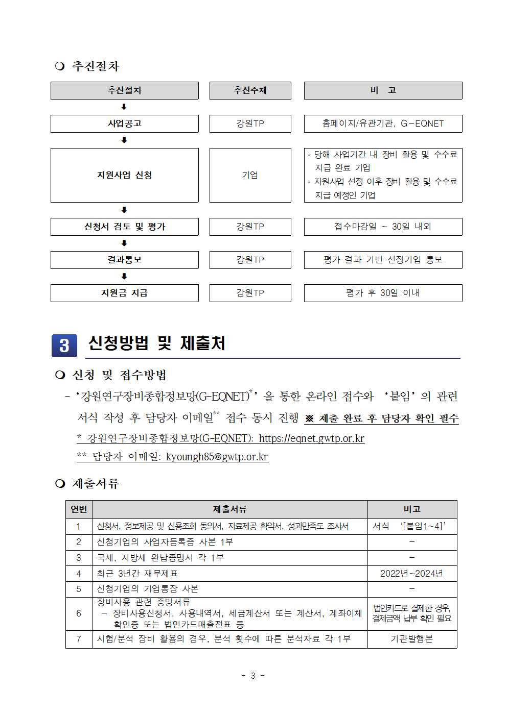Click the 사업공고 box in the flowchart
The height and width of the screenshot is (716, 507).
point(124,124)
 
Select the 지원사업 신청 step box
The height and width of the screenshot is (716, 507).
point(124,175)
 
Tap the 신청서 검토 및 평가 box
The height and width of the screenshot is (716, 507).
point(124,227)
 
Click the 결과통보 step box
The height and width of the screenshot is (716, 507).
point(124,260)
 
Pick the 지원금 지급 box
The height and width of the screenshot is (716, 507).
point(124,293)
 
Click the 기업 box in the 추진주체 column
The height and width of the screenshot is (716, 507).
point(250,175)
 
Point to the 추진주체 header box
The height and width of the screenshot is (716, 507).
point(250,90)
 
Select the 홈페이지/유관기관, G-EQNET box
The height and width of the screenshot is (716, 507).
point(383,124)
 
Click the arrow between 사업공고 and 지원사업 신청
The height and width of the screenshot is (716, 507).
point(124,140)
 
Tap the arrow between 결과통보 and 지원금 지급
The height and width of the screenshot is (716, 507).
point(124,276)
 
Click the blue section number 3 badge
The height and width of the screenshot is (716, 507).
point(64,345)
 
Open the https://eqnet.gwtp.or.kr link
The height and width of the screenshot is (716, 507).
point(311,438)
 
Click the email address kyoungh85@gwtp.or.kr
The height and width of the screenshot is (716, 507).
point(217,457)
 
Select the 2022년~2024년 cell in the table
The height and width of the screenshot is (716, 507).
point(411,574)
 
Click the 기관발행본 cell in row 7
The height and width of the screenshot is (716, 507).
point(411,639)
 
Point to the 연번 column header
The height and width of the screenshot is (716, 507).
point(79,509)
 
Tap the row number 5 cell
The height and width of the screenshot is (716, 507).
point(79,589)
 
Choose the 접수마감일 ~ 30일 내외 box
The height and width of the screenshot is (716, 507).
point(383,227)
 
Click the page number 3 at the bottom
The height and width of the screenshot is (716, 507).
point(252,676)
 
